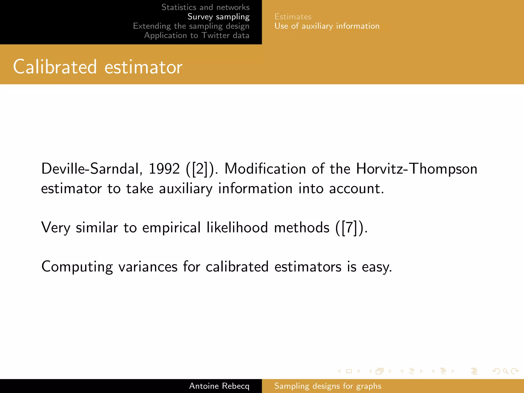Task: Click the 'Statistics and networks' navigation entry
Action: [205, 7]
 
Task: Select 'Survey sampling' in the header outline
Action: [218, 17]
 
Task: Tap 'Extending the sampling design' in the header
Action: [191, 26]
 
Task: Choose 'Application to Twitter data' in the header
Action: [196, 35]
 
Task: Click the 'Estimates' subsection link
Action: [293, 17]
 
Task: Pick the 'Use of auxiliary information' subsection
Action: [327, 26]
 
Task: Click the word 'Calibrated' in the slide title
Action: [55, 67]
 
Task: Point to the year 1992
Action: [164, 169]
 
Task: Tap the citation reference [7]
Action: [349, 227]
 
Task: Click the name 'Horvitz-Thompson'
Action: [417, 169]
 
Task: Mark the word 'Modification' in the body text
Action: [265, 169]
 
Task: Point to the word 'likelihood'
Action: [237, 227]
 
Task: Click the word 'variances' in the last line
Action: [148, 267]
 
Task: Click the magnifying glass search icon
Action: [505, 371]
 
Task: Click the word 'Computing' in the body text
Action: [77, 267]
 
